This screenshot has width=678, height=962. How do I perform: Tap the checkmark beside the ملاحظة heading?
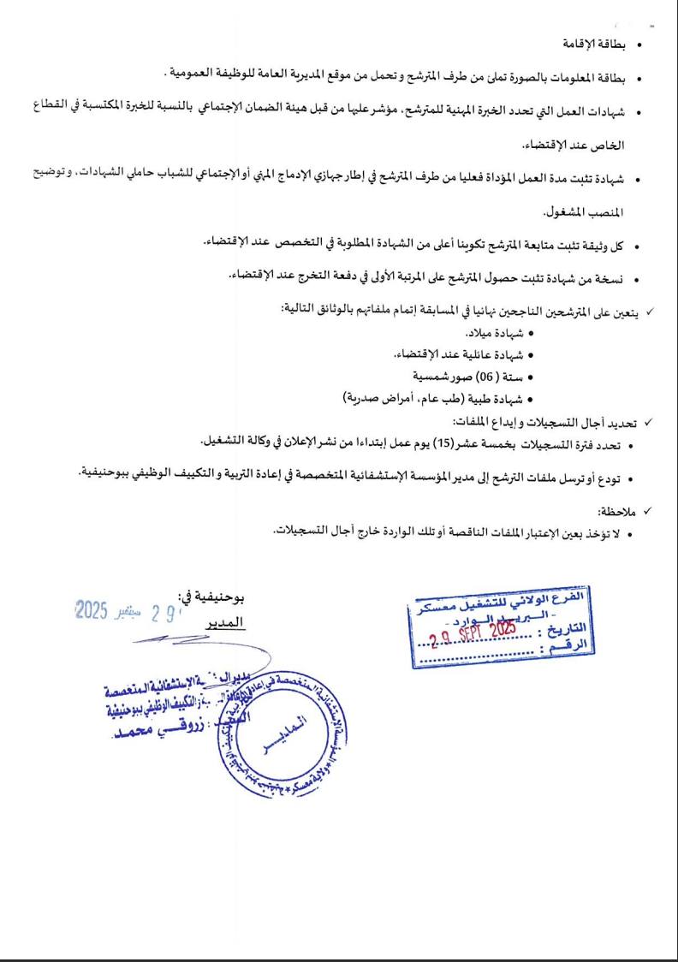[648, 511]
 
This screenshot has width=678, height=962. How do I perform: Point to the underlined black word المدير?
[221, 623]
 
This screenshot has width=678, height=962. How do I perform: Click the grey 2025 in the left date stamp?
[90, 609]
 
